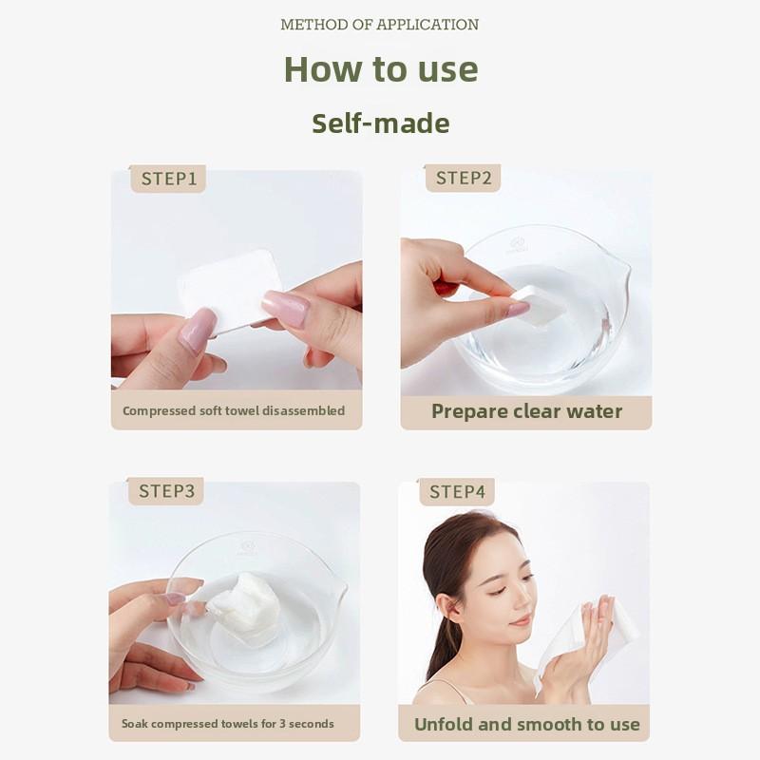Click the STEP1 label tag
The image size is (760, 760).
coord(168,179)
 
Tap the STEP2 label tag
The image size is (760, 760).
coord(463,178)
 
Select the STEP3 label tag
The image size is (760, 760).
coord(165,491)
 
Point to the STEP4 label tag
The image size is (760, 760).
coord(457,492)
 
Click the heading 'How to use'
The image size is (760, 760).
coord(381,68)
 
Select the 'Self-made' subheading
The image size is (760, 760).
coord(381,123)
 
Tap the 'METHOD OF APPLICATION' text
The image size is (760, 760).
coord(379,25)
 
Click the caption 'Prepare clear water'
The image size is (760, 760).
coord(527,411)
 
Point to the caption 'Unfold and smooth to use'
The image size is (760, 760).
coord(527,724)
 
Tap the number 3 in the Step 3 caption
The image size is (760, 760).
coord(281,724)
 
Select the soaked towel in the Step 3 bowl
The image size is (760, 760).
coord(245,603)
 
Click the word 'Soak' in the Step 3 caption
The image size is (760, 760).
coord(135,724)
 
